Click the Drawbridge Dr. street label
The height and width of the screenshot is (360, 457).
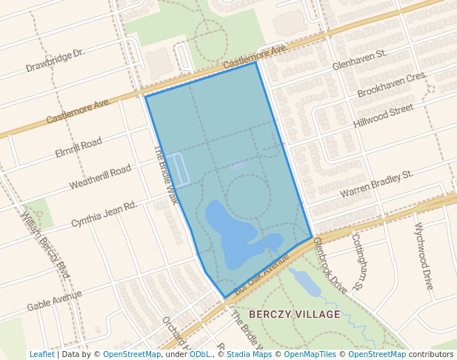tap(56, 60)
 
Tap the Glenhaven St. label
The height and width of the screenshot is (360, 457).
tap(360, 59)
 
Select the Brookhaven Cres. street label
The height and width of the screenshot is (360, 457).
tap(392, 85)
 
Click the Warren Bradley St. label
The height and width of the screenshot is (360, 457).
tap(376, 184)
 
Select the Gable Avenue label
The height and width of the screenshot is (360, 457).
tap(54, 301)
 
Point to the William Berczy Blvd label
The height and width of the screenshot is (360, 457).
tap(45, 245)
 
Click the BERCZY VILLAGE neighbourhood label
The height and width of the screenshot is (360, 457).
tap(295, 314)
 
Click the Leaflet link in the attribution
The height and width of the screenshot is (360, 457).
tap(41, 354)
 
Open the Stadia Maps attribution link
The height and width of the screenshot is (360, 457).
tap(249, 354)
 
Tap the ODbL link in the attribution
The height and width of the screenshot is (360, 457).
tap(199, 354)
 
